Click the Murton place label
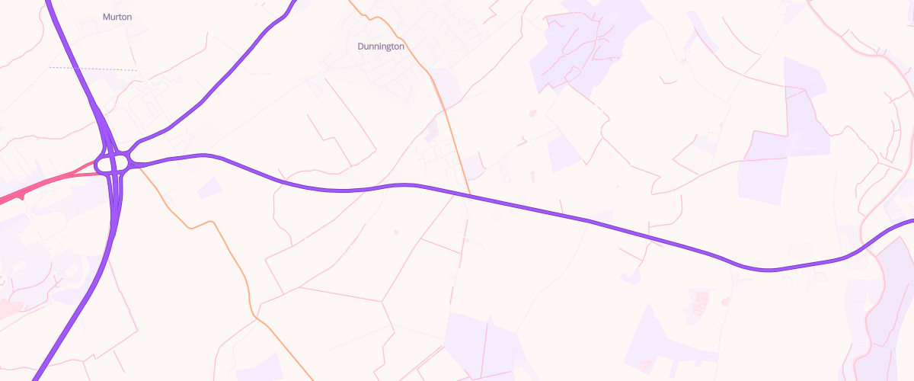click(x=117, y=16)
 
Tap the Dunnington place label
click(x=381, y=46)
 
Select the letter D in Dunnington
click(x=361, y=46)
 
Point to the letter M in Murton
click(x=107, y=16)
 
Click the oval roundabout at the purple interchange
click(x=114, y=162)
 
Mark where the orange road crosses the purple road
click(x=470, y=196)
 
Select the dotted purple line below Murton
click(x=91, y=69)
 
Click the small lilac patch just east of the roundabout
click(x=210, y=187)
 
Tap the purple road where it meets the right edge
click(x=911, y=222)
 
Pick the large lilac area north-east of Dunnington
click(x=586, y=46)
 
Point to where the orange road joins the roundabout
click(x=139, y=168)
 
